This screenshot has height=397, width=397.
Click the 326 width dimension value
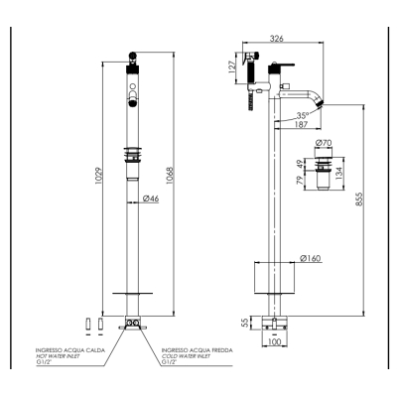277,39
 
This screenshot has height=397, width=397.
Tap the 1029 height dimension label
99,176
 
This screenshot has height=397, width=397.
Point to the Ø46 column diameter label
151,198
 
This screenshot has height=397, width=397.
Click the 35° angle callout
303,116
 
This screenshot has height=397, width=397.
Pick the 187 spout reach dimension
302,124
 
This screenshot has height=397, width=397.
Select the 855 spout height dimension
359,198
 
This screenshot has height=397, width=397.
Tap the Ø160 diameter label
311,258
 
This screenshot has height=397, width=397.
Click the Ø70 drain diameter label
324,143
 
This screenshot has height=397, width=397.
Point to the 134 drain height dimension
339,172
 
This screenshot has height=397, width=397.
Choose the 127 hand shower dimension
232,66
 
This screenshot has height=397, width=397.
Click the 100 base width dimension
274,341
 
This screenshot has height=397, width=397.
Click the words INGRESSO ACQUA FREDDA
197,350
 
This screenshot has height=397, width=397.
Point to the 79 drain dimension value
300,180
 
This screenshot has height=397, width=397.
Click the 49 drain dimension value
300,164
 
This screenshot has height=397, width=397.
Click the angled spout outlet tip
320,103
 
